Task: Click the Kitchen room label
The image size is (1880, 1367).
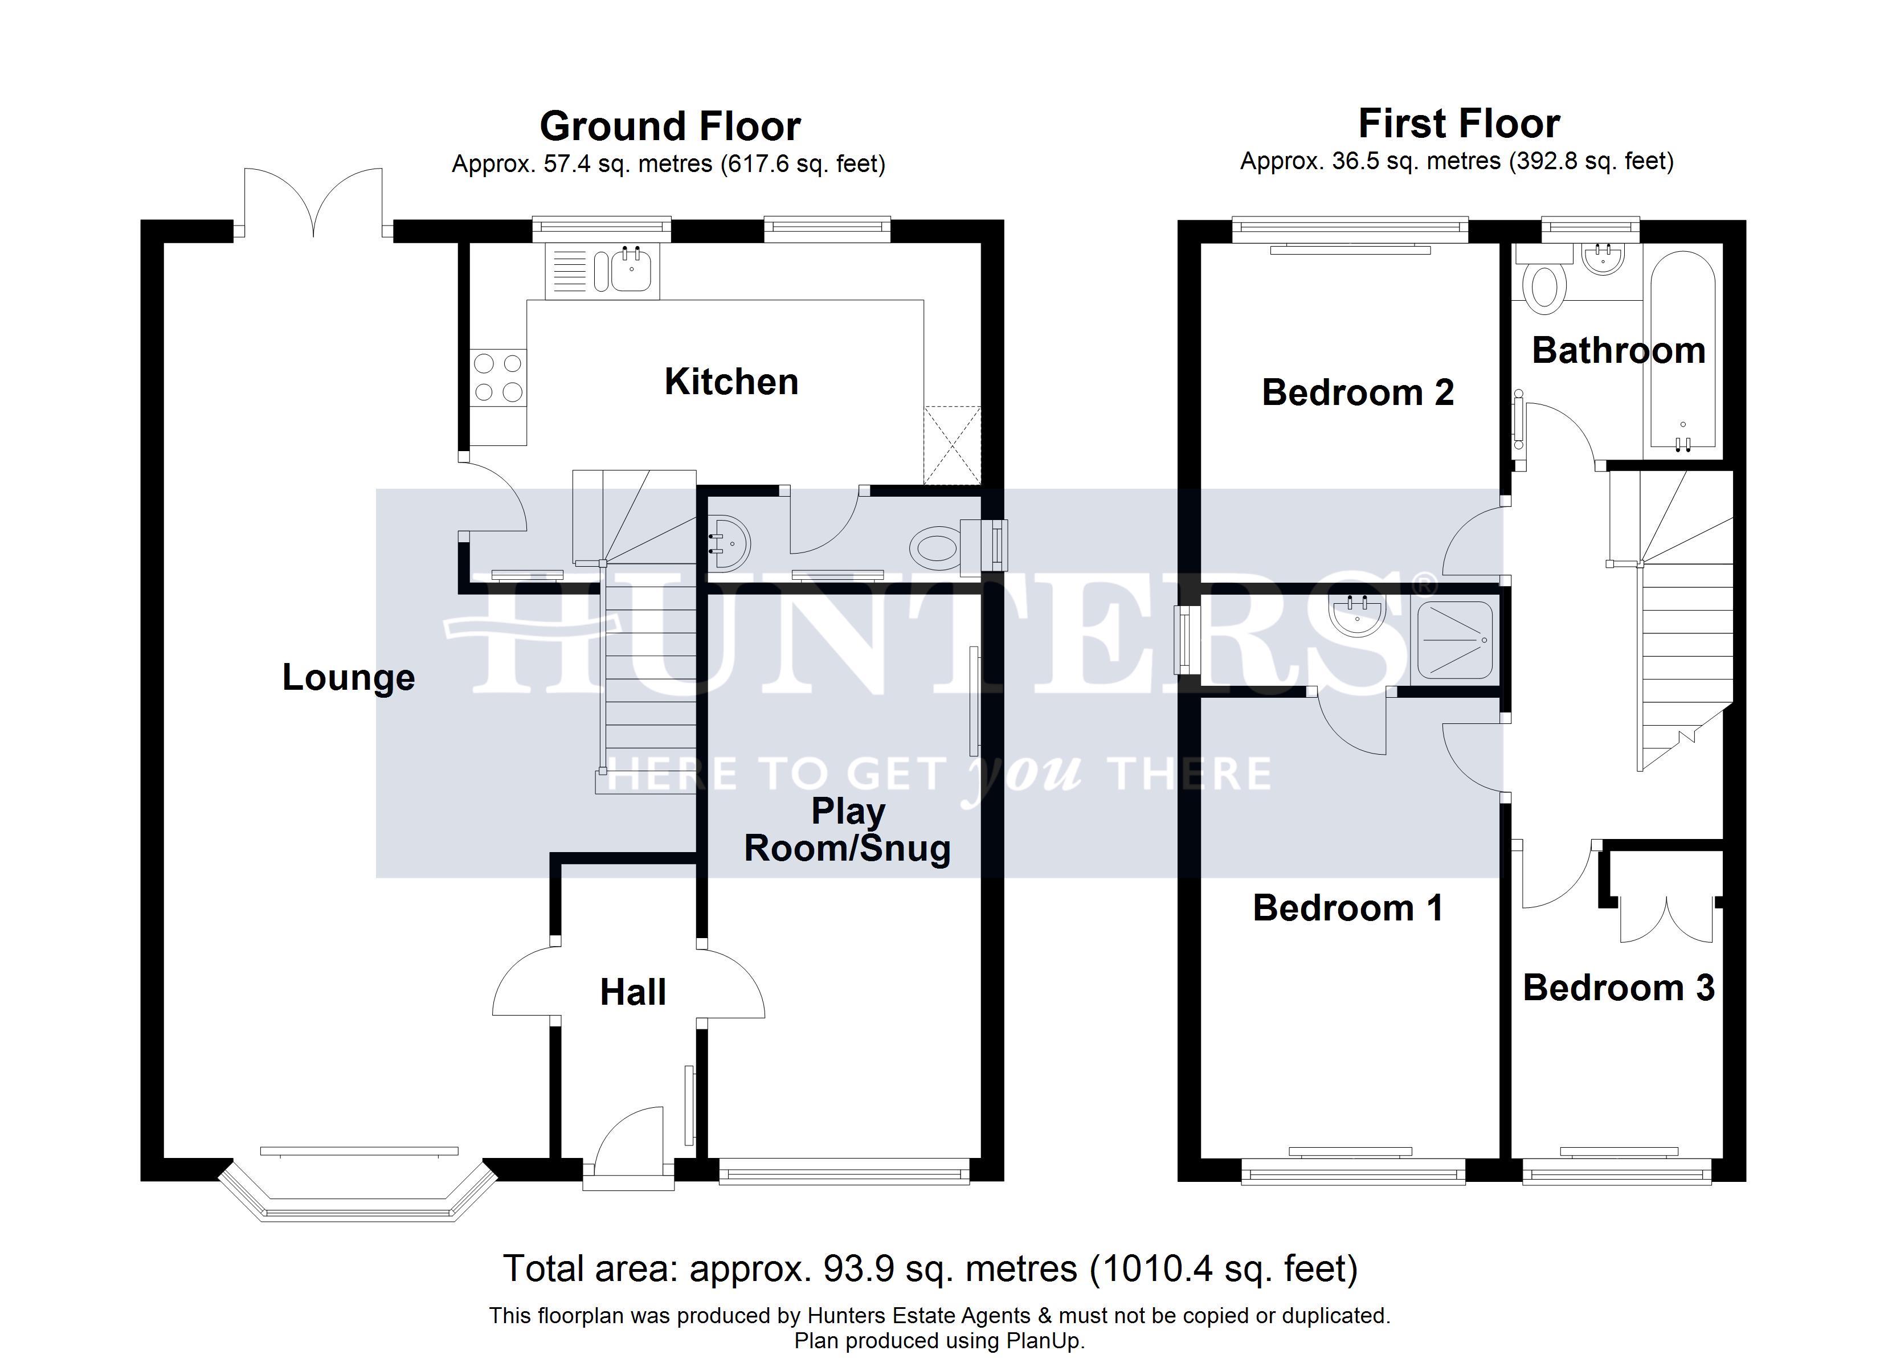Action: [731, 382]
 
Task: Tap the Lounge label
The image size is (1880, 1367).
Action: [348, 677]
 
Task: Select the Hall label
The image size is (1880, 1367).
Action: [632, 992]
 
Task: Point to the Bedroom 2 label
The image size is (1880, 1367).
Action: [1357, 392]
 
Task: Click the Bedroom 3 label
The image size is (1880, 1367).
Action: [1618, 987]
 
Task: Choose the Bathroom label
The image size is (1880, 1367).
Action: [1618, 351]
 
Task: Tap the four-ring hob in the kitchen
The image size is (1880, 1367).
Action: [498, 377]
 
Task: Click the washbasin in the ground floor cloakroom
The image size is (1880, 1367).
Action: [729, 544]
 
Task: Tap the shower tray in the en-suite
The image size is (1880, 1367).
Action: [1455, 640]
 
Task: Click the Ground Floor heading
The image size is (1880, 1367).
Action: [670, 127]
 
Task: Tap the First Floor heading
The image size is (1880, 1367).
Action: [1459, 124]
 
